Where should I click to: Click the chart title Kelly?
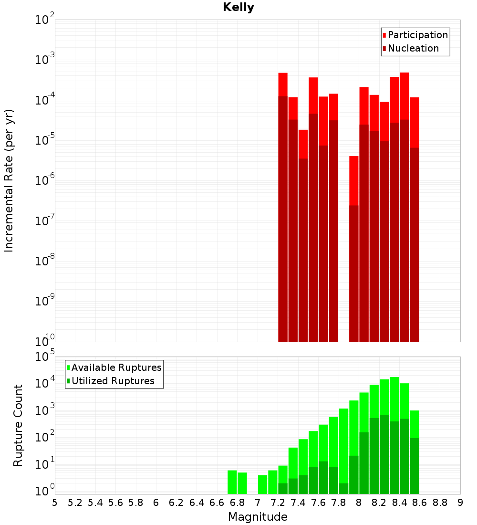(238, 8)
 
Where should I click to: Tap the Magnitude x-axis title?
(258, 516)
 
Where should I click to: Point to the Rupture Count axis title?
(18, 425)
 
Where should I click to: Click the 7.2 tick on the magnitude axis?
(278, 503)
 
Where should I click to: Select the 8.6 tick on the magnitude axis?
(420, 503)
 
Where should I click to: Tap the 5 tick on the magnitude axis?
(55, 503)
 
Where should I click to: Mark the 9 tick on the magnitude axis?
(460, 503)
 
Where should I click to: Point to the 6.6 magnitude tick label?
(217, 503)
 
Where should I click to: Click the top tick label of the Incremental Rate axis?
(45, 20)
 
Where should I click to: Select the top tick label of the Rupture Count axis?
(45, 357)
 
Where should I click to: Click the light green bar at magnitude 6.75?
(232, 482)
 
